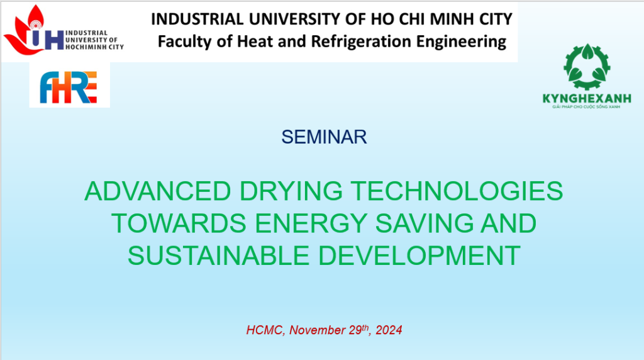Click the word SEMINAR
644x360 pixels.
coord(324,137)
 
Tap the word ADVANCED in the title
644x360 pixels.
coord(158,191)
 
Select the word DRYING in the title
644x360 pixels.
coord(291,191)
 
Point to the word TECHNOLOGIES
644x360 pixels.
coord(457,191)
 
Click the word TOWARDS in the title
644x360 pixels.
coord(179,223)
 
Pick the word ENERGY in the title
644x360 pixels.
coord(311,223)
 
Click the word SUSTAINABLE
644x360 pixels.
coord(218,255)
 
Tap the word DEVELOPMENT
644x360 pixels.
coord(419,255)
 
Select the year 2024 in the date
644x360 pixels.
coord(389,330)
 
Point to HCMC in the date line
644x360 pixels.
coord(265,330)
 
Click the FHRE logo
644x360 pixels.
coord(69,87)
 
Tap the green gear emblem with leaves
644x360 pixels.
coord(587,67)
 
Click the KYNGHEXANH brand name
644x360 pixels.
coord(587,98)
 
